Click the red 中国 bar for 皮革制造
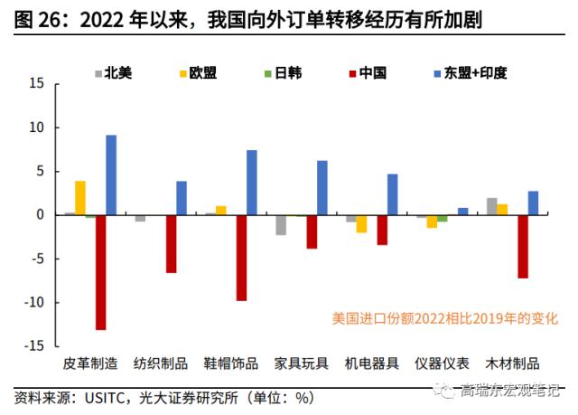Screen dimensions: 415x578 [100, 272]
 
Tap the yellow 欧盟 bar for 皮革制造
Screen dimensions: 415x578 [80, 198]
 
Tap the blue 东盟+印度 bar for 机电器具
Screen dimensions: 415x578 [393, 194]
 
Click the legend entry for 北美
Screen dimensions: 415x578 [117, 72]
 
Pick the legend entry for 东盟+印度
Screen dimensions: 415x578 [469, 72]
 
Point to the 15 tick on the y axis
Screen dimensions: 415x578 [37, 83]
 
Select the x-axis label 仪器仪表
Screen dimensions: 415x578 [442, 363]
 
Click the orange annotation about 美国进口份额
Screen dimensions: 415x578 [445, 318]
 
